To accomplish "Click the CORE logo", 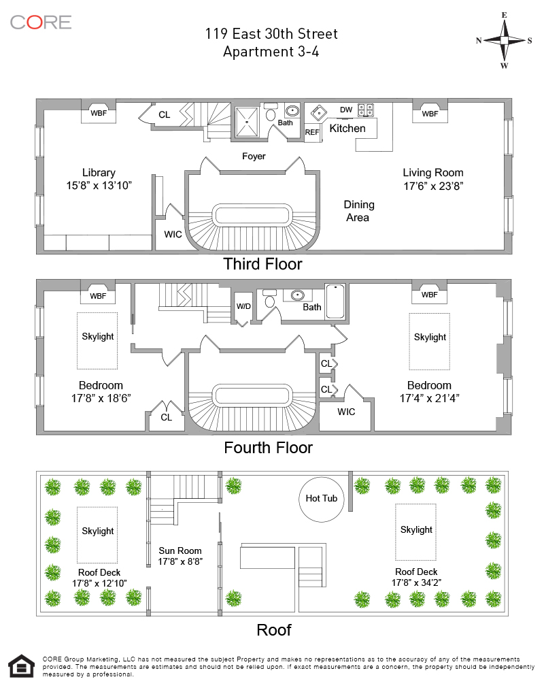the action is [40, 22].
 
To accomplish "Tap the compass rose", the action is [505, 40].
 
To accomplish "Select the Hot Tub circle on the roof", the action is [322, 499].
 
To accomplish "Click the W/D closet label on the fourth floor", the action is [243, 306].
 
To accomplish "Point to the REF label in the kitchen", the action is [312, 132].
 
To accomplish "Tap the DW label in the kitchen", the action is [346, 110].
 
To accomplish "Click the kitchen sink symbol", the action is [318, 113].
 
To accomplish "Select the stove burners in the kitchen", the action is [366, 110].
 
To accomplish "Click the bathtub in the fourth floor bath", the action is [335, 301].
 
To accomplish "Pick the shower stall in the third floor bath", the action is [247, 122].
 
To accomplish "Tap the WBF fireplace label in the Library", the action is [99, 113].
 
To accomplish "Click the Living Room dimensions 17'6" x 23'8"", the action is [433, 186].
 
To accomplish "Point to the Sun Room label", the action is [180, 551].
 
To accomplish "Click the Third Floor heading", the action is [262, 264].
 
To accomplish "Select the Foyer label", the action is [254, 157].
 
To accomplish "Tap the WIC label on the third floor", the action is [173, 235].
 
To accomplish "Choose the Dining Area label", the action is [358, 211].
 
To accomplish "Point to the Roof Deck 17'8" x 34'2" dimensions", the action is [416, 582].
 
